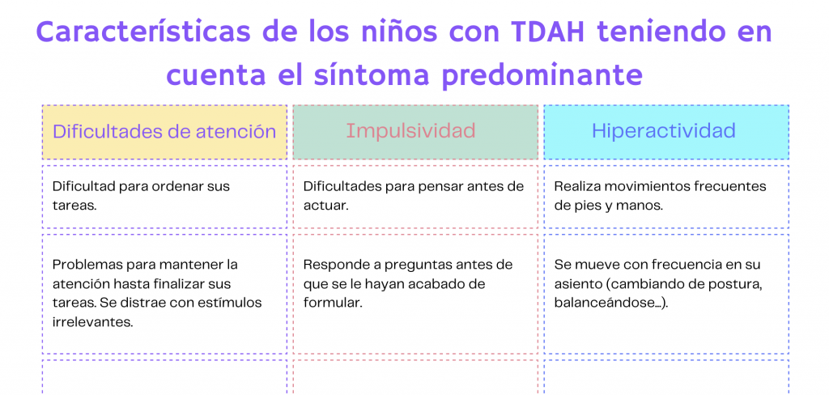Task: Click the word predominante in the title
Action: pyautogui.click(x=542, y=75)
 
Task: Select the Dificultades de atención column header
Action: pyautogui.click(x=164, y=132)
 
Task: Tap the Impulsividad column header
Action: pyautogui.click(x=415, y=132)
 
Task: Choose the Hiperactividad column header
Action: pyautogui.click(x=666, y=132)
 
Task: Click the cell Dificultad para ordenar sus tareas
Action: pyautogui.click(x=164, y=197)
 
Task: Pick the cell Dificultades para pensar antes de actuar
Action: pyautogui.click(x=415, y=197)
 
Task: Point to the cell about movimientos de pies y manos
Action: pyautogui.click(x=666, y=197)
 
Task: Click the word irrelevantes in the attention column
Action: pyautogui.click(x=92, y=322)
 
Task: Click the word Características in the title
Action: pyautogui.click(x=143, y=33)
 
